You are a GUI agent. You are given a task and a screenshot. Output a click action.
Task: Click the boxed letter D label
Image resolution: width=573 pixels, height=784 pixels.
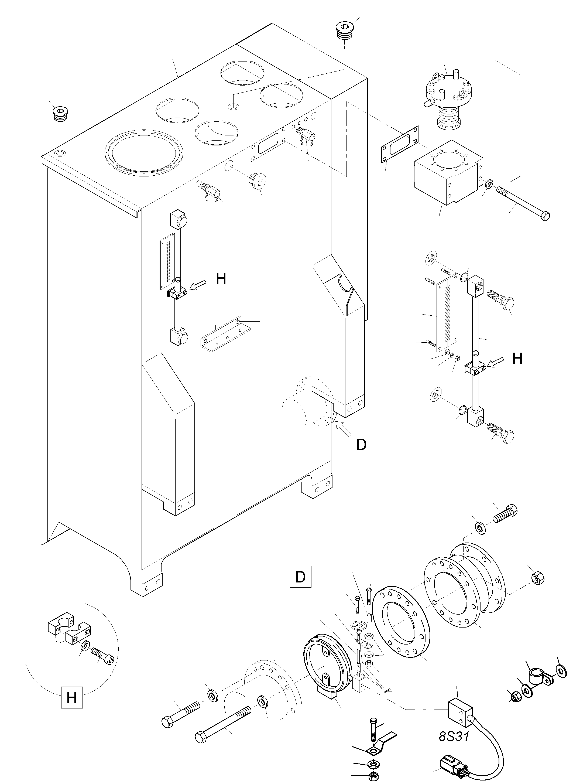point(300,577)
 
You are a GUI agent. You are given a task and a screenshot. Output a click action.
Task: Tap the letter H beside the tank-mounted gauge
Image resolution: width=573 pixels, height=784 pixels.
point(221,279)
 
